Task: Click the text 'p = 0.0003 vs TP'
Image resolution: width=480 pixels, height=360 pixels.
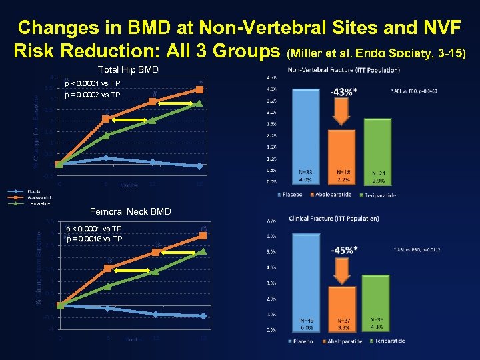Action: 93,95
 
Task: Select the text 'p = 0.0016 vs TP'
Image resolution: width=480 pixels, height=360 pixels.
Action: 94,239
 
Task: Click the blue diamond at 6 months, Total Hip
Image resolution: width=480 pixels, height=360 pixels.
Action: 106,158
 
